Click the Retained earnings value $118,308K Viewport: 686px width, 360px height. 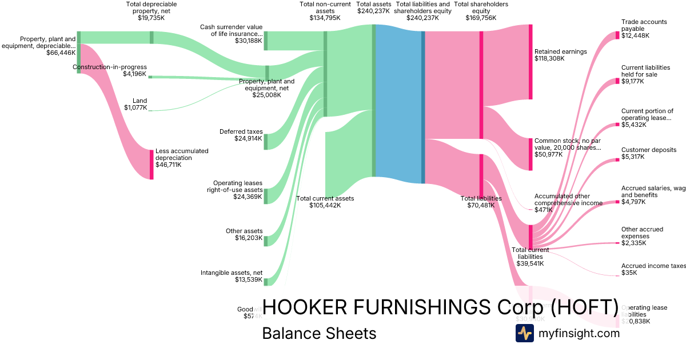pyautogui.click(x=553, y=58)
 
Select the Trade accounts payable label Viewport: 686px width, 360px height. pyautogui.click(x=644, y=26)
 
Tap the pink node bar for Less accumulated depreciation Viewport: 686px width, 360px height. pyautogui.click(x=151, y=164)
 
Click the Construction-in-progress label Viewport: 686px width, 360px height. pyautogui.click(x=110, y=67)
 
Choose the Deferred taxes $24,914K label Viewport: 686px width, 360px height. pyautogui.click(x=241, y=135)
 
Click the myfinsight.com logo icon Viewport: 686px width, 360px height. pyautogui.click(x=524, y=333)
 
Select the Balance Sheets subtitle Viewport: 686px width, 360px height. pyautogui.click(x=319, y=333)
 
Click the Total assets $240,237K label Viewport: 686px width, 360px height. pyautogui.click(x=374, y=7)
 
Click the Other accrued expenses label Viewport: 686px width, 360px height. pyautogui.click(x=642, y=233)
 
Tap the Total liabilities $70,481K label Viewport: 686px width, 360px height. pyautogui.click(x=481, y=202)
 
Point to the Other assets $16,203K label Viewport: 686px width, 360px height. pyautogui.click(x=244, y=234)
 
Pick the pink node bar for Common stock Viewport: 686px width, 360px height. pyautogui.click(x=530, y=154)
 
